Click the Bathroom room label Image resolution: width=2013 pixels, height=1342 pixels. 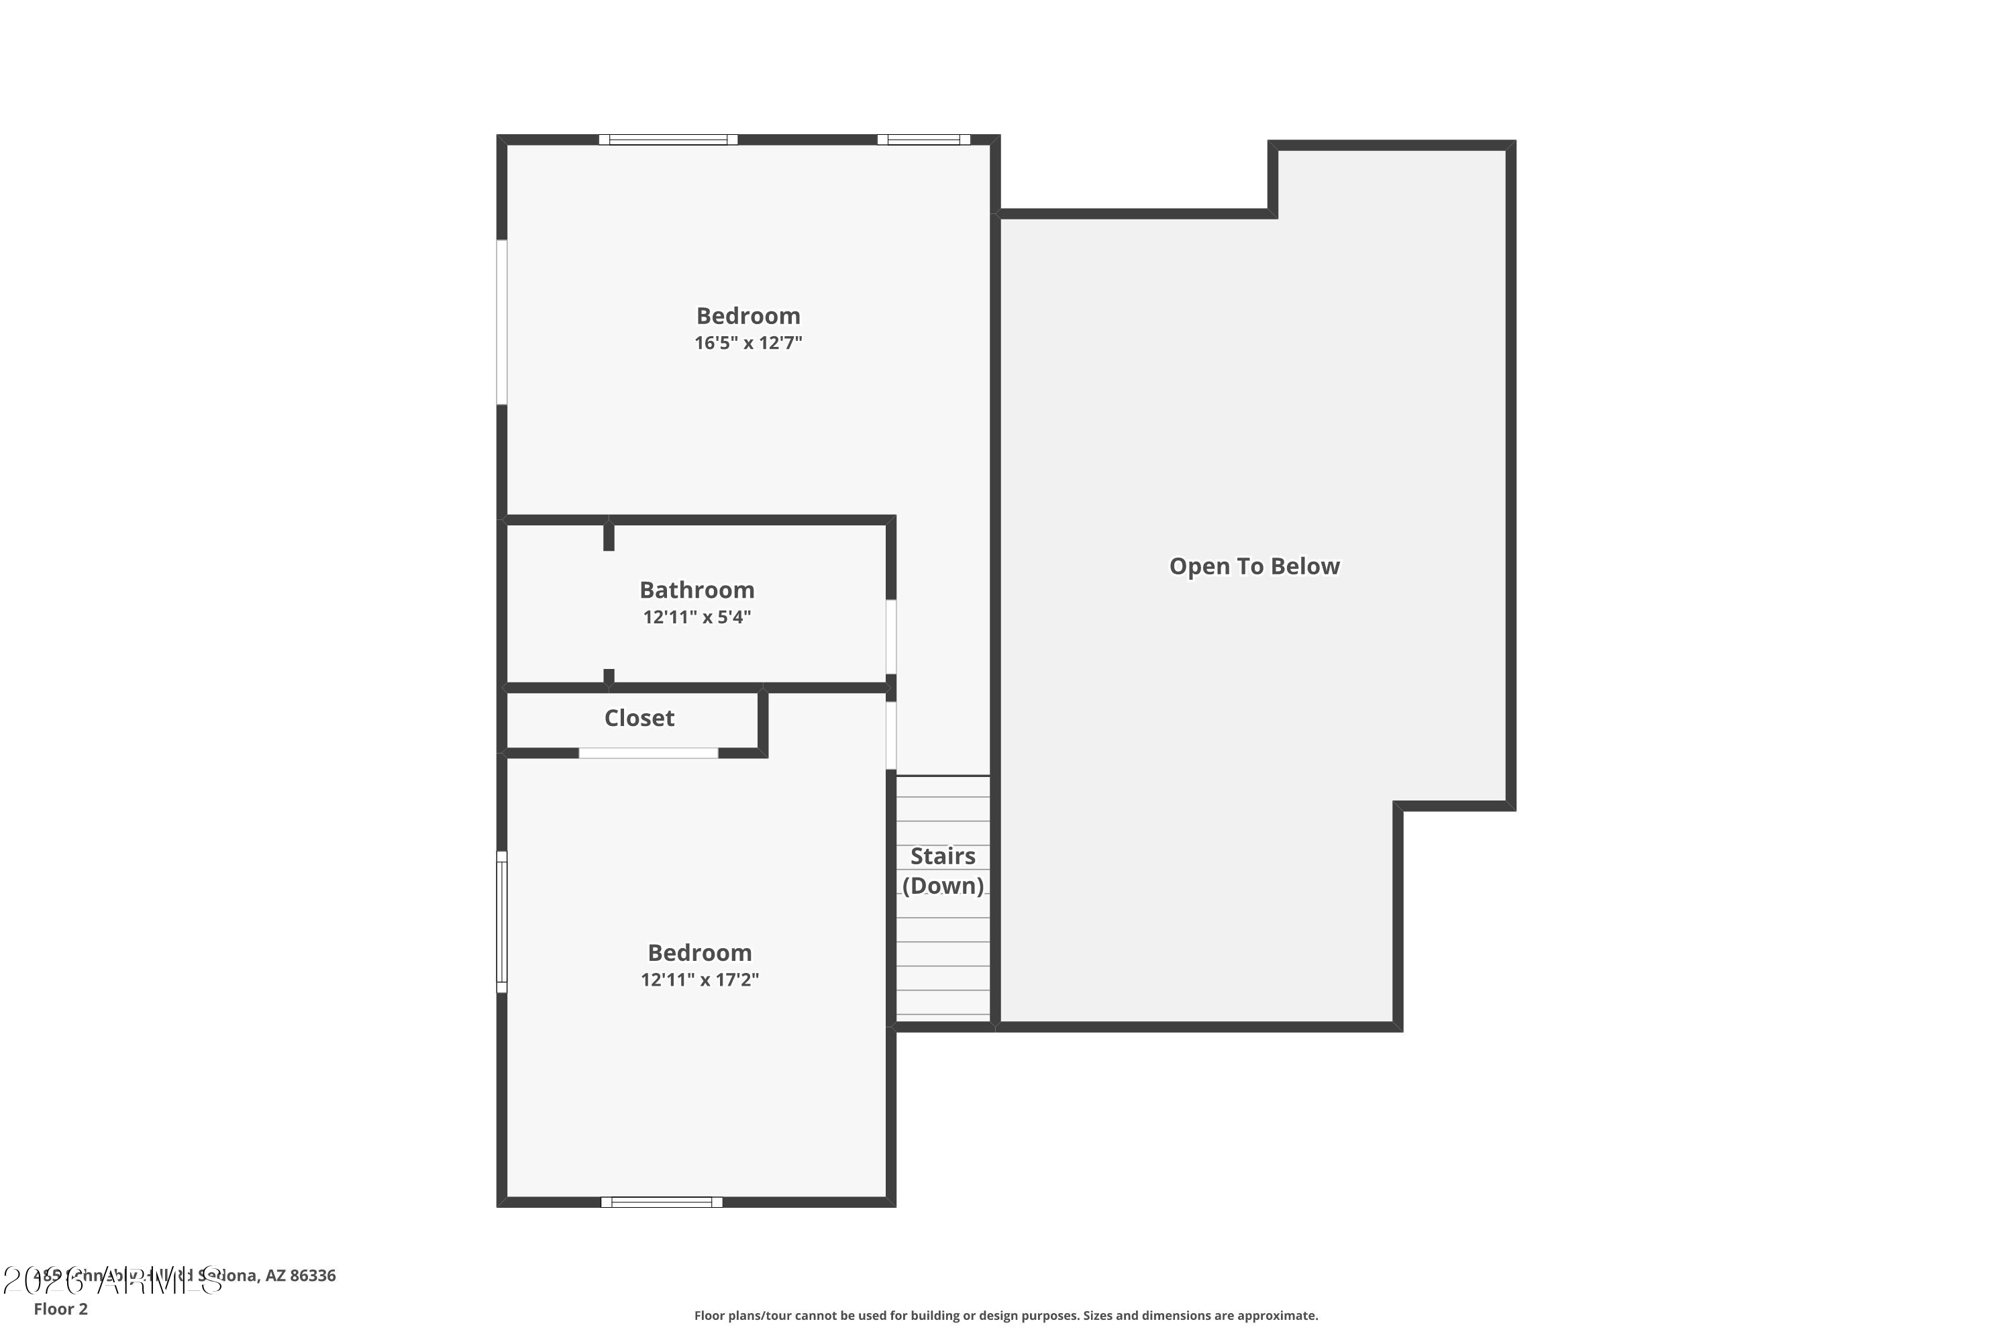click(x=696, y=590)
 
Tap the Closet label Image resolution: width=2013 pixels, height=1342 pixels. click(x=639, y=718)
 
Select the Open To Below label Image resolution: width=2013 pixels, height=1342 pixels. click(x=1254, y=566)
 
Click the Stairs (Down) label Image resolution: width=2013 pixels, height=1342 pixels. click(x=942, y=870)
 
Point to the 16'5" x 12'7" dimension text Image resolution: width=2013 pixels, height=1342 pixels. click(x=748, y=343)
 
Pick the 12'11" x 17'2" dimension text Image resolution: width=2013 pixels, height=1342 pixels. click(x=699, y=980)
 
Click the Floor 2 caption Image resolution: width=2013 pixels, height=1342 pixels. click(x=61, y=1308)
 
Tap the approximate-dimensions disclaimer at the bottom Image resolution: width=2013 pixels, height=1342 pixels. click(x=1006, y=1315)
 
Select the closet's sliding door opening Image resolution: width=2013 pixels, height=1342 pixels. click(x=648, y=753)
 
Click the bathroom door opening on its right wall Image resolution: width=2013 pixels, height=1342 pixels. click(x=891, y=637)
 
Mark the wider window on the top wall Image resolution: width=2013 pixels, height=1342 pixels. click(x=668, y=140)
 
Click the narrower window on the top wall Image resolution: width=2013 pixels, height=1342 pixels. click(x=923, y=140)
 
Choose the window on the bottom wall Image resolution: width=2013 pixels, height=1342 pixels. click(x=662, y=1202)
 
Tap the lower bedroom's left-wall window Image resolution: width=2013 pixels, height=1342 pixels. click(x=503, y=922)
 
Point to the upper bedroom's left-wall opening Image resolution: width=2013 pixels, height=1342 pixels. click(x=503, y=322)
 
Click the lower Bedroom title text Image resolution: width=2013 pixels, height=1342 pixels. click(x=699, y=953)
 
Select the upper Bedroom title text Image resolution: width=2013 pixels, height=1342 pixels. click(x=748, y=316)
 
